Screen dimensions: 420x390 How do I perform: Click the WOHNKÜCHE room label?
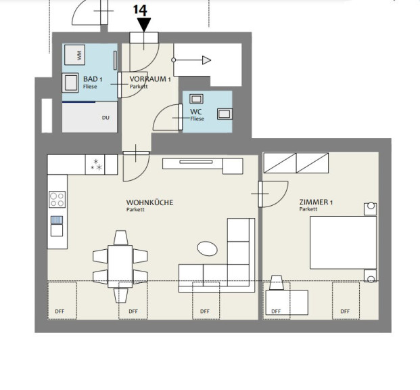coord(149,202)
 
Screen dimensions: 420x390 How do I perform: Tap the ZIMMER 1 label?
coord(316,202)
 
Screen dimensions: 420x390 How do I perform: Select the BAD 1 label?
coord(93,79)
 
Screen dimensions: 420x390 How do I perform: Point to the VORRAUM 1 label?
coord(150,79)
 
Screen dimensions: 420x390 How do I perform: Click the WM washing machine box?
coord(74,55)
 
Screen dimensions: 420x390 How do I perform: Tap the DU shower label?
coord(106,118)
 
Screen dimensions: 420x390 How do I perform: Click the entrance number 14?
coord(140,10)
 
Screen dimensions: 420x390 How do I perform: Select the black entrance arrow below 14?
coord(144,24)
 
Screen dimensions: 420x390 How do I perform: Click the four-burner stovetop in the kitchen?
coord(57,200)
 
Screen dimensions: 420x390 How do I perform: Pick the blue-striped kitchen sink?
coord(57,220)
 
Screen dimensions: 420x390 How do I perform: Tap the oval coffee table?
coord(207,248)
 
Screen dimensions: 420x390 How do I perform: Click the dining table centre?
coord(120,266)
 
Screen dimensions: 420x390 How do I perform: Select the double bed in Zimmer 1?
coord(343,242)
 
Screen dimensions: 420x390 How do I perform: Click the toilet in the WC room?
coord(225,114)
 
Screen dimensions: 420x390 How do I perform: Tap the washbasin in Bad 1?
coord(70,83)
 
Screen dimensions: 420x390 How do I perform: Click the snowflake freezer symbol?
coord(95,165)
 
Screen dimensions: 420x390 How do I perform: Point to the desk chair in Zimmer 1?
coord(277,282)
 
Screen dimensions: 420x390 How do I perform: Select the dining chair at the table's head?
coord(121,238)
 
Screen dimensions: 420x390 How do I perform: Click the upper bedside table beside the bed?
coord(370,209)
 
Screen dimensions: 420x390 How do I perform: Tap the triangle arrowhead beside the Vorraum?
coord(206,60)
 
